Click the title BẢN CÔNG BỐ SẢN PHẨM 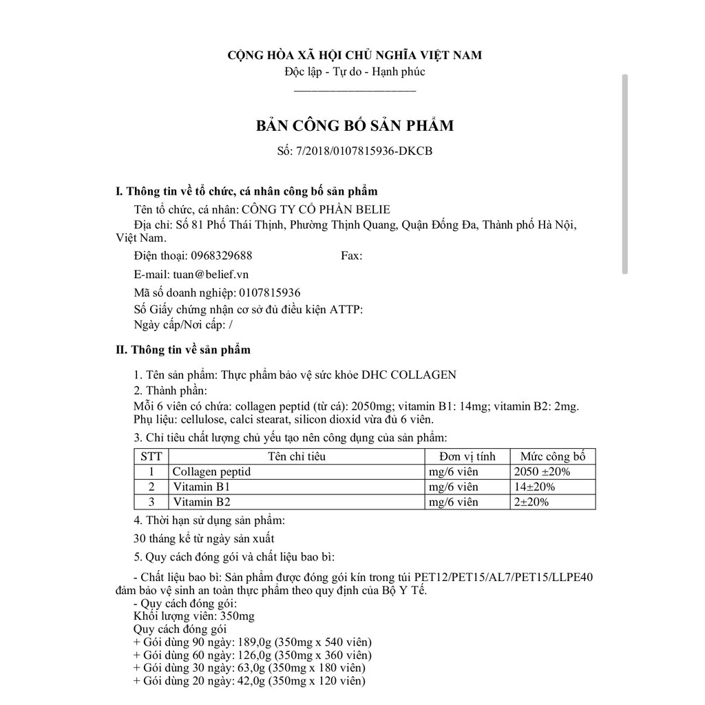point(355,126)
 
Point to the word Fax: point(351,255)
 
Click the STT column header point(151,456)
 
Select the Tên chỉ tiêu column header point(297,456)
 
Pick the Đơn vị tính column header point(467,456)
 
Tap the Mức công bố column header point(552,456)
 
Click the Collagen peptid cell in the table point(211,472)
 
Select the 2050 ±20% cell point(543,472)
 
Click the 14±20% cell point(535,487)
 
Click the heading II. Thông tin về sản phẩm point(182,350)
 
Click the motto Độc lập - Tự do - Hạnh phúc point(355,71)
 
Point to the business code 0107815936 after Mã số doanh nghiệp point(269,292)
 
